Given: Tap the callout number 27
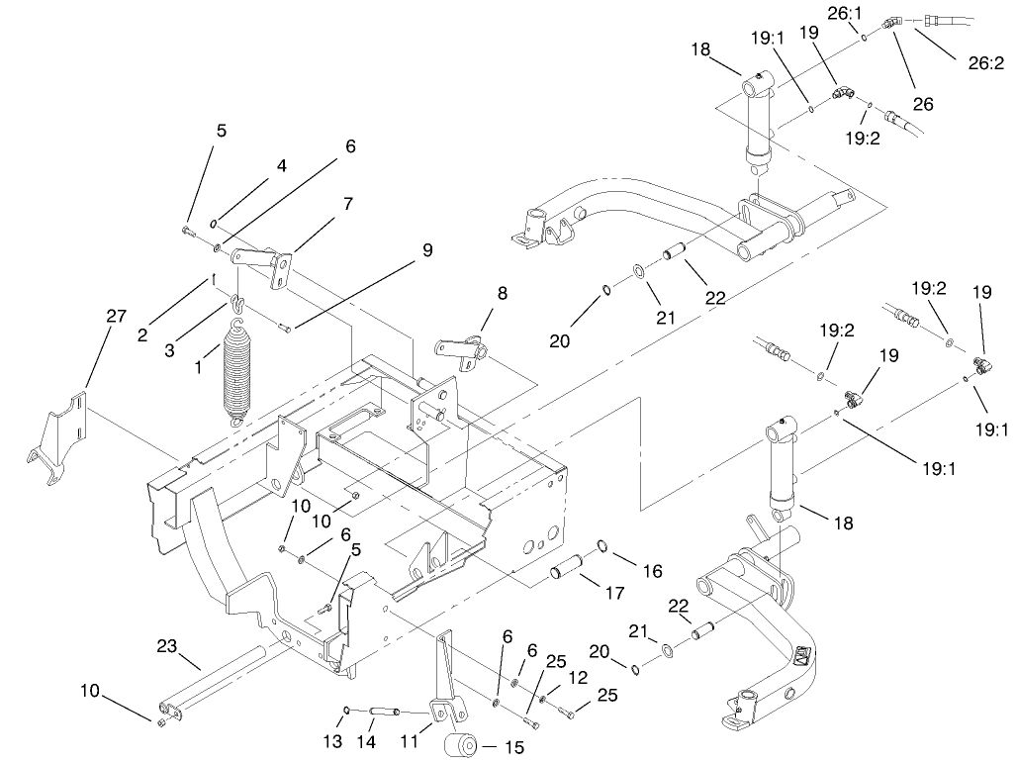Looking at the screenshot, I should (116, 317).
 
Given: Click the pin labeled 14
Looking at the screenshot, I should (386, 711).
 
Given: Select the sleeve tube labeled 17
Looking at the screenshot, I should (565, 573).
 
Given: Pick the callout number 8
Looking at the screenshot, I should (503, 293).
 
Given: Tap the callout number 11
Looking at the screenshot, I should (407, 740).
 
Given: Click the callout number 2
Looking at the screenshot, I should (143, 335).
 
